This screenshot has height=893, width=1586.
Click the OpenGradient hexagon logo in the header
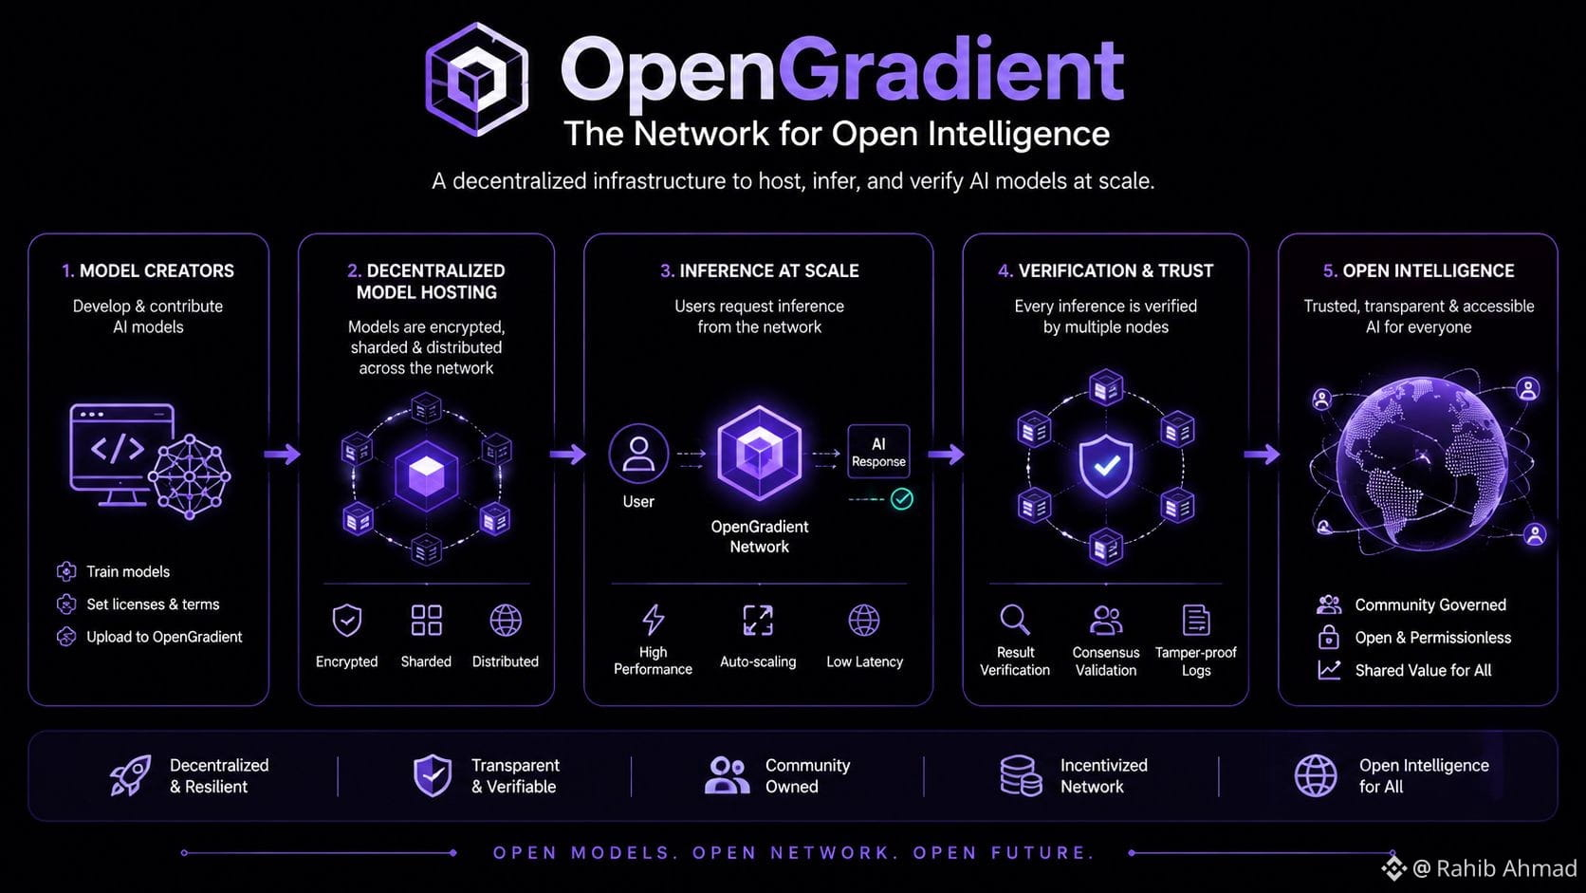(x=476, y=80)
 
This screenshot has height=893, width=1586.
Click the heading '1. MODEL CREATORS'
(x=148, y=270)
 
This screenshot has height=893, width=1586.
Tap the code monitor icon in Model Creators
(x=121, y=455)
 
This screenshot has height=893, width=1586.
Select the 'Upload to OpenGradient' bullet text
(x=164, y=637)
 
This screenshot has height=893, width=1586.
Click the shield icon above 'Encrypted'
(x=347, y=621)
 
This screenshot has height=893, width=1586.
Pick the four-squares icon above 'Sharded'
(x=426, y=621)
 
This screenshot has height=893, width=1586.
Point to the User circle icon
(x=638, y=454)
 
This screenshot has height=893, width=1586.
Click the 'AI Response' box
(x=878, y=452)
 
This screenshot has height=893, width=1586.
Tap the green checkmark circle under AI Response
(x=901, y=499)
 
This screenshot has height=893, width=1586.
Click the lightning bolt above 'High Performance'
(x=653, y=620)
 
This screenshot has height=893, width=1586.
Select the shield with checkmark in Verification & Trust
(x=1106, y=466)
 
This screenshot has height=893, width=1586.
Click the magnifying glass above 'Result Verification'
(x=1015, y=620)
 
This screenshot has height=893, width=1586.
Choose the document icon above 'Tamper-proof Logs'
(x=1196, y=621)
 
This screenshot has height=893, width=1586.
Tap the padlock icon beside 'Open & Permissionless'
(x=1328, y=637)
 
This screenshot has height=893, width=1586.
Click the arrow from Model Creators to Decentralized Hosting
(x=282, y=454)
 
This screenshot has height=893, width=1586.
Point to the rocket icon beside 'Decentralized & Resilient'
(x=130, y=775)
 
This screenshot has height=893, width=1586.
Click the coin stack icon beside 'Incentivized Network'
(x=1021, y=775)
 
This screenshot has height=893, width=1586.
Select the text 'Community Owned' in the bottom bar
(x=808, y=775)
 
